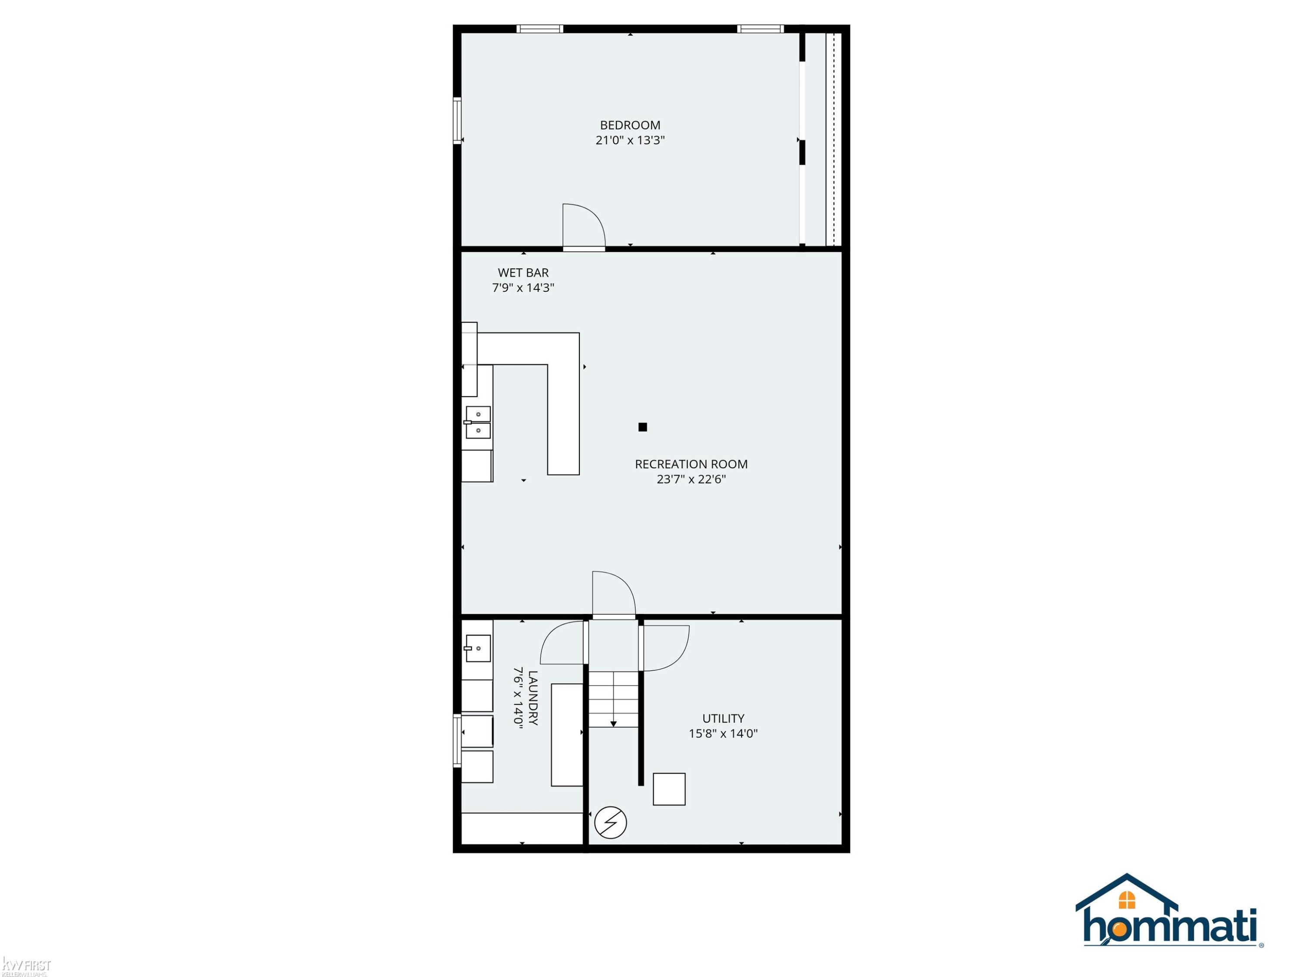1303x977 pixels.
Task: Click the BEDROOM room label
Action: (630, 125)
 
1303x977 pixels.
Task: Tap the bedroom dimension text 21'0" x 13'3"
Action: (630, 140)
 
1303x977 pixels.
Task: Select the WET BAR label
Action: (523, 273)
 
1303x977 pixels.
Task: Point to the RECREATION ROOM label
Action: (691, 464)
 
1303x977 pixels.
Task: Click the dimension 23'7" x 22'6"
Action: (691, 479)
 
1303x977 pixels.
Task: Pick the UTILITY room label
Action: (723, 719)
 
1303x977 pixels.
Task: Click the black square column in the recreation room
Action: (643, 427)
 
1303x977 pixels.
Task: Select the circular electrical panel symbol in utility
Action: (610, 822)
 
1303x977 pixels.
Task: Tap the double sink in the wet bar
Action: (478, 422)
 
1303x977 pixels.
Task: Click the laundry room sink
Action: (478, 648)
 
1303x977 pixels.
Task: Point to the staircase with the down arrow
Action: (614, 700)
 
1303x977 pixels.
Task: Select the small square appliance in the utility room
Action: (669, 789)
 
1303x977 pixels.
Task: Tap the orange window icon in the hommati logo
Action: (1127, 900)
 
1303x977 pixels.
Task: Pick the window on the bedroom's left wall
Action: (457, 120)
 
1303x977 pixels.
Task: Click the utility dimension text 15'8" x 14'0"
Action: (723, 734)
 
